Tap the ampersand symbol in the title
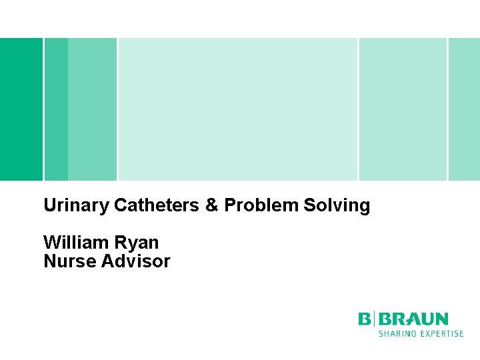(212, 205)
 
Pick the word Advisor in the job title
(136, 261)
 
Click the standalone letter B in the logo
(365, 319)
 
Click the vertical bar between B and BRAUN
(375, 319)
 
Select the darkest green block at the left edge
(21, 109)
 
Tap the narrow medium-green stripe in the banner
(57, 109)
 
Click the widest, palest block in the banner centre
(237, 109)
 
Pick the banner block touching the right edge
(464, 109)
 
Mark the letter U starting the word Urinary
(49, 205)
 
